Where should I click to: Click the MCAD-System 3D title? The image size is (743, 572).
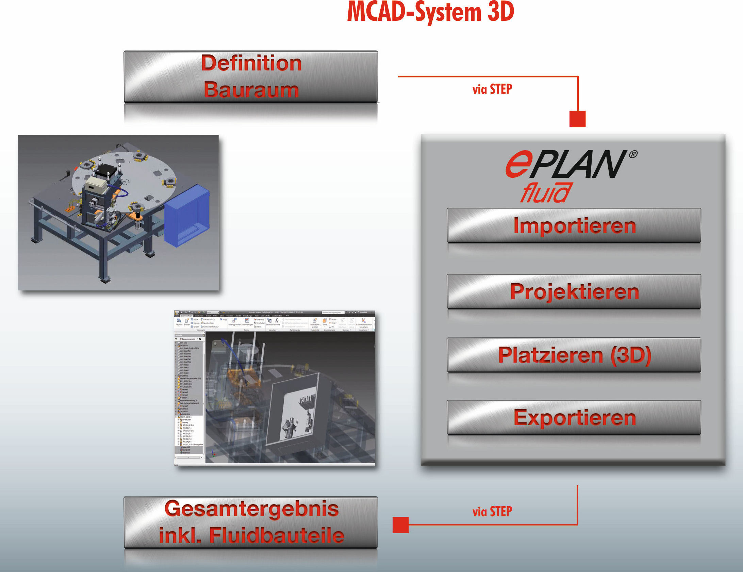(430, 12)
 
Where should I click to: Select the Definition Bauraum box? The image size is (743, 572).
(251, 77)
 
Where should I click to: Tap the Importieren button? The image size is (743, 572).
(574, 225)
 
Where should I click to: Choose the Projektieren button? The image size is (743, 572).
(574, 292)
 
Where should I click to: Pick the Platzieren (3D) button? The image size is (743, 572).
(574, 355)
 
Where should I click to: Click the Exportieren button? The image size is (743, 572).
(574, 418)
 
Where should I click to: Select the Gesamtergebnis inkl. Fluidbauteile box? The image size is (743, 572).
(251, 522)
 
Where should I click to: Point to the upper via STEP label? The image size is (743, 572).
(492, 89)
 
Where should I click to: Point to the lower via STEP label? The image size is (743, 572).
(492, 511)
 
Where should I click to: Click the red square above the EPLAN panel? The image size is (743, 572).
(577, 119)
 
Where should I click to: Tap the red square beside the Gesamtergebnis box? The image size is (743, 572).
(400, 525)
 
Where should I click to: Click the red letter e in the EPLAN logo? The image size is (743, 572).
(518, 165)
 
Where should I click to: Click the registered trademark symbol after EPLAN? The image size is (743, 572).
(633, 154)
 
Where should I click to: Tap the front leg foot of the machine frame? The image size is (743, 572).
(105, 280)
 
